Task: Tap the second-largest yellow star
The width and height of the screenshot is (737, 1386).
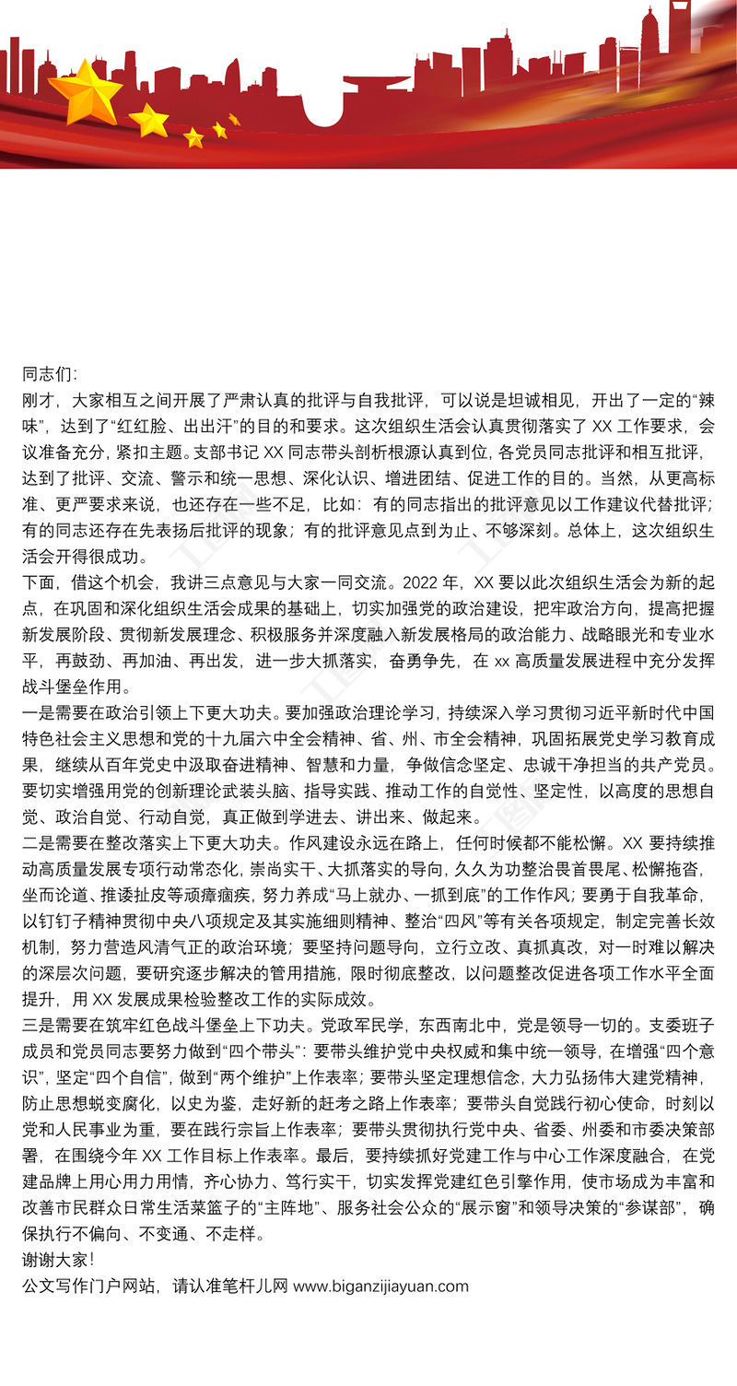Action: coord(149,120)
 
